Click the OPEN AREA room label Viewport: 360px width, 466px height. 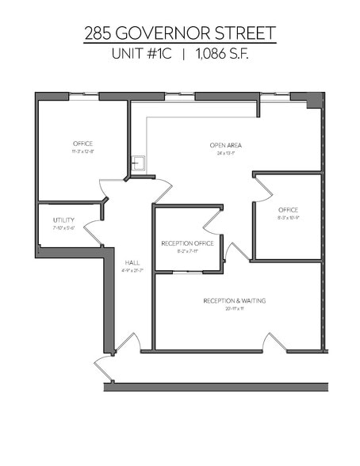pyautogui.click(x=225, y=145)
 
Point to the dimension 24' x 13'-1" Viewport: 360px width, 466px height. pyautogui.click(x=225, y=153)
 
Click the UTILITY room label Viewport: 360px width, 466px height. pyautogui.click(x=63, y=220)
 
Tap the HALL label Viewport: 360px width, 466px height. pyautogui.click(x=132, y=262)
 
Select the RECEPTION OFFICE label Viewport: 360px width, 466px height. pyautogui.click(x=187, y=243)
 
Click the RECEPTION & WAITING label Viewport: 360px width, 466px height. pyautogui.click(x=234, y=301)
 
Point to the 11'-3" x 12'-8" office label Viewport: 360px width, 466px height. pyautogui.click(x=82, y=151)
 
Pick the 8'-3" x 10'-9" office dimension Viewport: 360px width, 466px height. pyautogui.click(x=289, y=217)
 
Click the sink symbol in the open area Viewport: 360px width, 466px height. pyautogui.click(x=138, y=163)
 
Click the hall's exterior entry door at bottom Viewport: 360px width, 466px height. pyautogui.click(x=127, y=343)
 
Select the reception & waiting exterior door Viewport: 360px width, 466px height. pyautogui.click(x=274, y=343)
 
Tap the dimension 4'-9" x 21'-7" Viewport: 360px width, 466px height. pyautogui.click(x=132, y=270)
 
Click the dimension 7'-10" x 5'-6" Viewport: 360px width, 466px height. pyautogui.click(x=63, y=227)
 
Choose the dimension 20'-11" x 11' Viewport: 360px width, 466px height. pyautogui.click(x=234, y=309)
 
